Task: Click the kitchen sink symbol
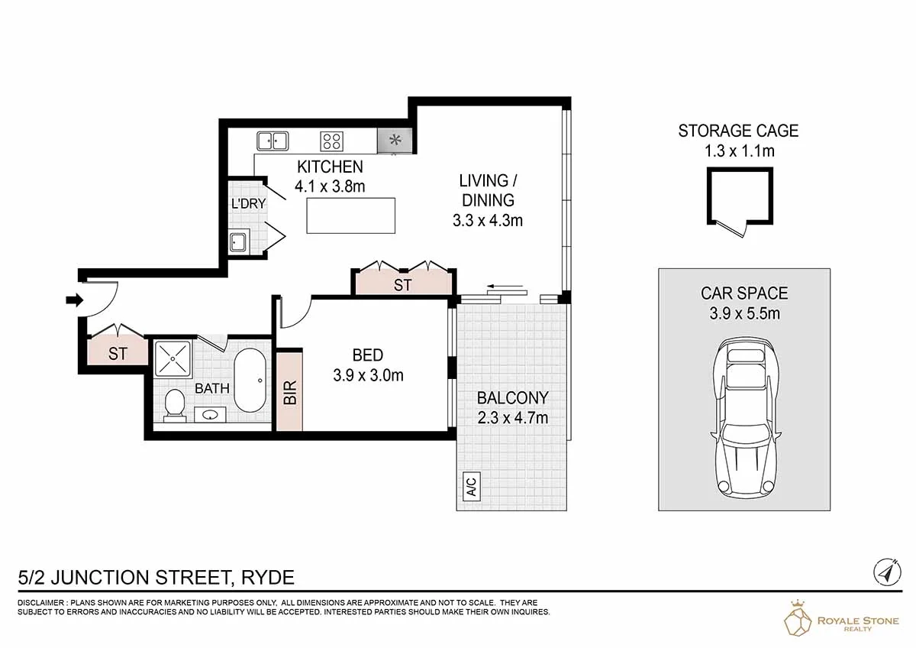coord(273,141)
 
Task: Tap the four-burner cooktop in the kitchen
coord(331,141)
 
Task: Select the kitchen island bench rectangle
coord(351,215)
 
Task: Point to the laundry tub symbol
coord(238,242)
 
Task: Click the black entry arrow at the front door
coord(74,300)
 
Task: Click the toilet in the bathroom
coord(174,404)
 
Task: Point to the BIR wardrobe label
coord(290,391)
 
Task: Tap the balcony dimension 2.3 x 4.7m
coord(512,417)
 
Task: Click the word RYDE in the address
coord(267,577)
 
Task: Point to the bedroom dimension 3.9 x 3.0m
coord(368,375)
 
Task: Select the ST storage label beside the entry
coord(117,354)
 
